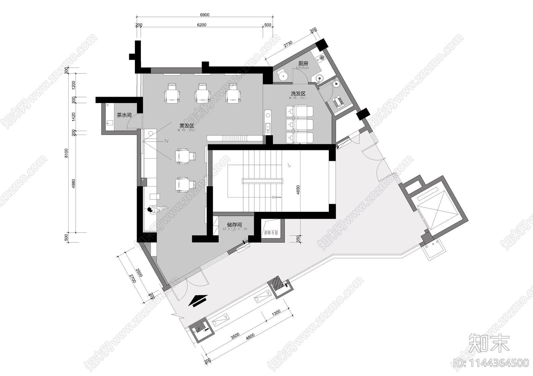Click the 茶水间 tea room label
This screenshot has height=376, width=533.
pos(124,115)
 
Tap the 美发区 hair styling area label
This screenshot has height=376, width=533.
pos(187,126)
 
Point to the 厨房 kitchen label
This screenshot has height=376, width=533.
pos(303,63)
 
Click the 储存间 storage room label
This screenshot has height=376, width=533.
pos(235,225)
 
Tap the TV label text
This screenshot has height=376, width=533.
pos(166,141)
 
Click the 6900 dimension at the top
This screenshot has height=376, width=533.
pos(205,15)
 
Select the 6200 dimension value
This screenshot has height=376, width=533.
pos(202,25)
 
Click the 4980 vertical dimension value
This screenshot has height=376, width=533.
pos(74,184)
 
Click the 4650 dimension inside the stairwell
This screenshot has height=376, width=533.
pos(298,190)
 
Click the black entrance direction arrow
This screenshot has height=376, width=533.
pos(198,300)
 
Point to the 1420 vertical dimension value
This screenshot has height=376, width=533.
pos(74,117)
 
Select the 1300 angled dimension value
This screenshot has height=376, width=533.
pos(276,313)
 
